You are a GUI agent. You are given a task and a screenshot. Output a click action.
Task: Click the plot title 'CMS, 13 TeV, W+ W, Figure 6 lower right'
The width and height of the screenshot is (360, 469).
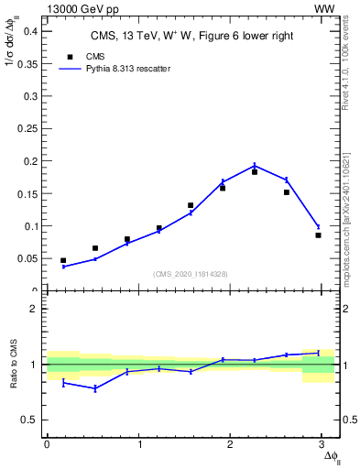190,37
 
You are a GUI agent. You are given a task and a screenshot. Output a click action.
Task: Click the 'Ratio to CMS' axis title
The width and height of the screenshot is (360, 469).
14,365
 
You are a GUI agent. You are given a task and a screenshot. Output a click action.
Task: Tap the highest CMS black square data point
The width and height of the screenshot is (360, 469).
255,171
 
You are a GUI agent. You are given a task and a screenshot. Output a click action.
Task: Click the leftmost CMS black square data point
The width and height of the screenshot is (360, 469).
63,260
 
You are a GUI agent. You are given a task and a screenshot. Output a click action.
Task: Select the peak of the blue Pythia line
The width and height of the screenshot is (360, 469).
255,166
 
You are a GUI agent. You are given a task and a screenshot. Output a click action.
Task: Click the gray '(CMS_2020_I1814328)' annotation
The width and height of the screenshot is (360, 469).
191,274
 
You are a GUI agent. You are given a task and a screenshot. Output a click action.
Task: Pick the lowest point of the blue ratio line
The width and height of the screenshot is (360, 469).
95,388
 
